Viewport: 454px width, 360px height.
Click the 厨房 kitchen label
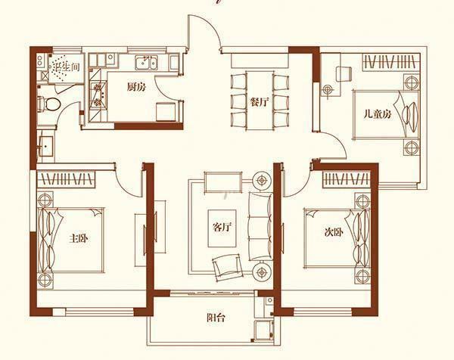pos(136,87)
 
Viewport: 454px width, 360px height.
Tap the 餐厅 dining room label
pos(260,102)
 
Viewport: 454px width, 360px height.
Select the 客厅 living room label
pos(222,227)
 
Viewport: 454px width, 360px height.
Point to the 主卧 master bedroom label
pos(78,238)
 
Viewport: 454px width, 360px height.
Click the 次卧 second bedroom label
pos(334,231)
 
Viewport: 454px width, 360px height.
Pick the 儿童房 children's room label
pos(378,114)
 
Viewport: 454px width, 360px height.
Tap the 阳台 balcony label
pos(216,318)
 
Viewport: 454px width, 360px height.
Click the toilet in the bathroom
pos(49,104)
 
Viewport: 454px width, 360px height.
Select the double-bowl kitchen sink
pos(146,63)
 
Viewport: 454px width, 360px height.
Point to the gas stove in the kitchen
pos(98,94)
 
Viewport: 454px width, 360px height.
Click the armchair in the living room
pos(227,266)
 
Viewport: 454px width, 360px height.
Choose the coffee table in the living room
pos(222,228)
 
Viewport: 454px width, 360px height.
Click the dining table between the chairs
pos(260,100)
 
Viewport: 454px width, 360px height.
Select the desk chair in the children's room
pos(344,74)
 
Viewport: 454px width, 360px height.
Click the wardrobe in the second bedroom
pos(347,179)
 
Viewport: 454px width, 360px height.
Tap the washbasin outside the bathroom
pos(46,146)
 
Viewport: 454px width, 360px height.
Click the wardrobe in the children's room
pos(391,61)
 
